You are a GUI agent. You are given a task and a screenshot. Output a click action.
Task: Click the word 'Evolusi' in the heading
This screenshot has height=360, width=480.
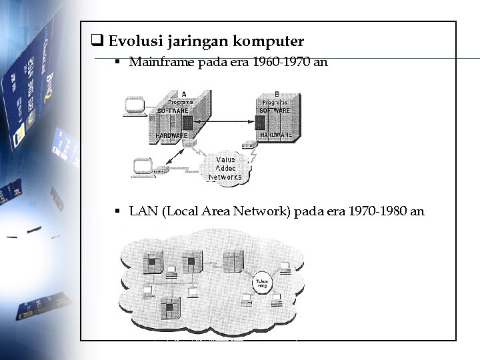(131, 41)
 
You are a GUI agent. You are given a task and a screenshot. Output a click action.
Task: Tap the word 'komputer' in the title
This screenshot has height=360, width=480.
(269, 41)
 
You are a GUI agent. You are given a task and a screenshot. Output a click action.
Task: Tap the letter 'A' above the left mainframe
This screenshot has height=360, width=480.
(183, 93)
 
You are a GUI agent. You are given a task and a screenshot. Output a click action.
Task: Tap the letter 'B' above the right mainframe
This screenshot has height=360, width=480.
(277, 93)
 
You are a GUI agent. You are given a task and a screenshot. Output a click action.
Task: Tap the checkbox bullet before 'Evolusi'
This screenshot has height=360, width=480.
(96, 41)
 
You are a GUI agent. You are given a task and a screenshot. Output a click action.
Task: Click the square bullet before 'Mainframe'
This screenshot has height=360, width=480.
(117, 63)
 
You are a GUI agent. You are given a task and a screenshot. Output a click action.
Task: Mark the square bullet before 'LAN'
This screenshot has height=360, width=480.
(117, 212)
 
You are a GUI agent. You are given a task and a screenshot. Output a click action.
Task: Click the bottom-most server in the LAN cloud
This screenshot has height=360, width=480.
(172, 311)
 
